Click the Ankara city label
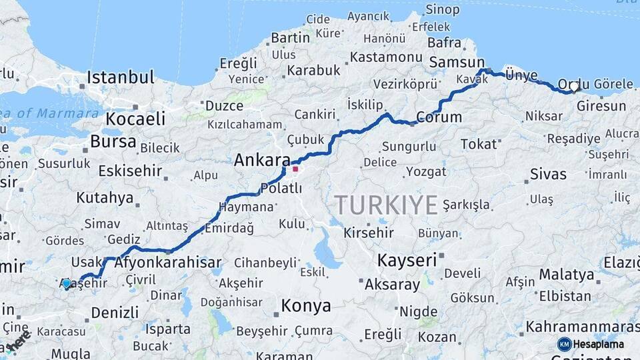[261, 161]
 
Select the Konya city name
[305, 306]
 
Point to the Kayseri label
[407, 260]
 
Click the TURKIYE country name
[386, 205]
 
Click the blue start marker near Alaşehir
[66, 284]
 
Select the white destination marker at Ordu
[573, 87]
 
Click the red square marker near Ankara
[295, 169]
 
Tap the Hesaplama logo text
[599, 344]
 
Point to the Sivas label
[548, 175]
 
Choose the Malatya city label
[566, 274]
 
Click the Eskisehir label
[130, 171]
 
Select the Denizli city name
[115, 312]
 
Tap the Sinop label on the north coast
[443, 9]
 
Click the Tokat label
[479, 144]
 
